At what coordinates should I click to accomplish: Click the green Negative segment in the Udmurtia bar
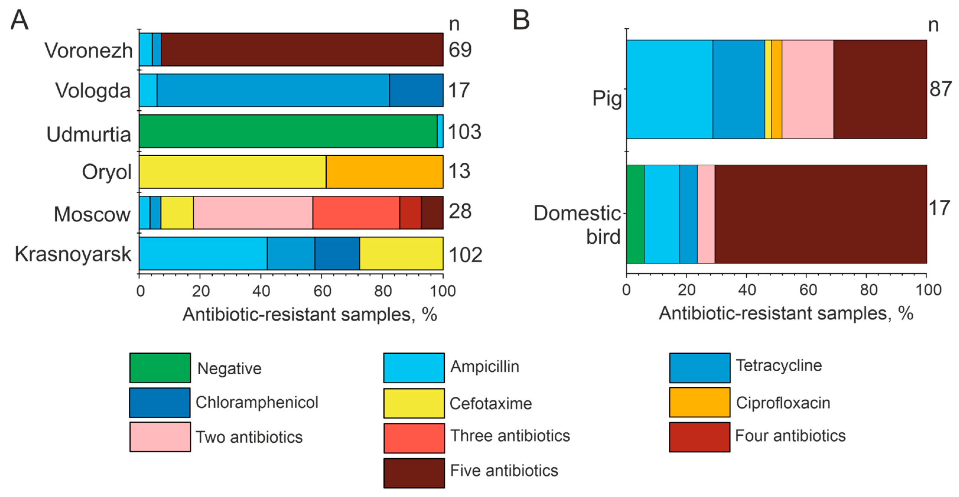click(287, 131)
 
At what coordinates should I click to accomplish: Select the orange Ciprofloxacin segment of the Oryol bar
click(384, 172)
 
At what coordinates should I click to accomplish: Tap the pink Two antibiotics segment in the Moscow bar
click(253, 213)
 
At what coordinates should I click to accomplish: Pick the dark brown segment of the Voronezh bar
click(302, 50)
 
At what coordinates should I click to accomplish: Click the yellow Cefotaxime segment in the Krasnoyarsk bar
click(401, 254)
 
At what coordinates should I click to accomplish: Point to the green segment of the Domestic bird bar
click(635, 214)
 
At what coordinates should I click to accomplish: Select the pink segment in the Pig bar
click(807, 89)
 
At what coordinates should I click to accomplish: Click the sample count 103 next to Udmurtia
click(464, 132)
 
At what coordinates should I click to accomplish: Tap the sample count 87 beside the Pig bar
click(940, 89)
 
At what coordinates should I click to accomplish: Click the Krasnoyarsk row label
click(73, 254)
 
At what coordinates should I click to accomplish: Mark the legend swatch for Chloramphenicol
click(160, 403)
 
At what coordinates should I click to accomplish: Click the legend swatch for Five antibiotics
click(414, 473)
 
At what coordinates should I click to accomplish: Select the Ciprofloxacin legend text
click(783, 403)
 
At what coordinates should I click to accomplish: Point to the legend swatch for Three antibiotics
click(414, 438)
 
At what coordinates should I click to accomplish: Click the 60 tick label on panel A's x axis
click(322, 291)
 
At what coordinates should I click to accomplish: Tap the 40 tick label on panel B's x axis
click(747, 290)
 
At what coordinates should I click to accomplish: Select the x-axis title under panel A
click(310, 314)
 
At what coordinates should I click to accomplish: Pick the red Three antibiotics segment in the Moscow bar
click(356, 213)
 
